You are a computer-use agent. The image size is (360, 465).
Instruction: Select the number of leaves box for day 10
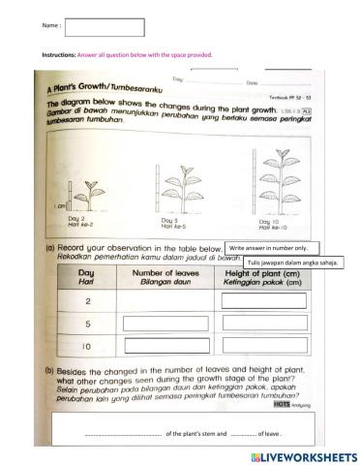164,347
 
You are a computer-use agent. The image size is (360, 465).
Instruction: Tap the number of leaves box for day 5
164,325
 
